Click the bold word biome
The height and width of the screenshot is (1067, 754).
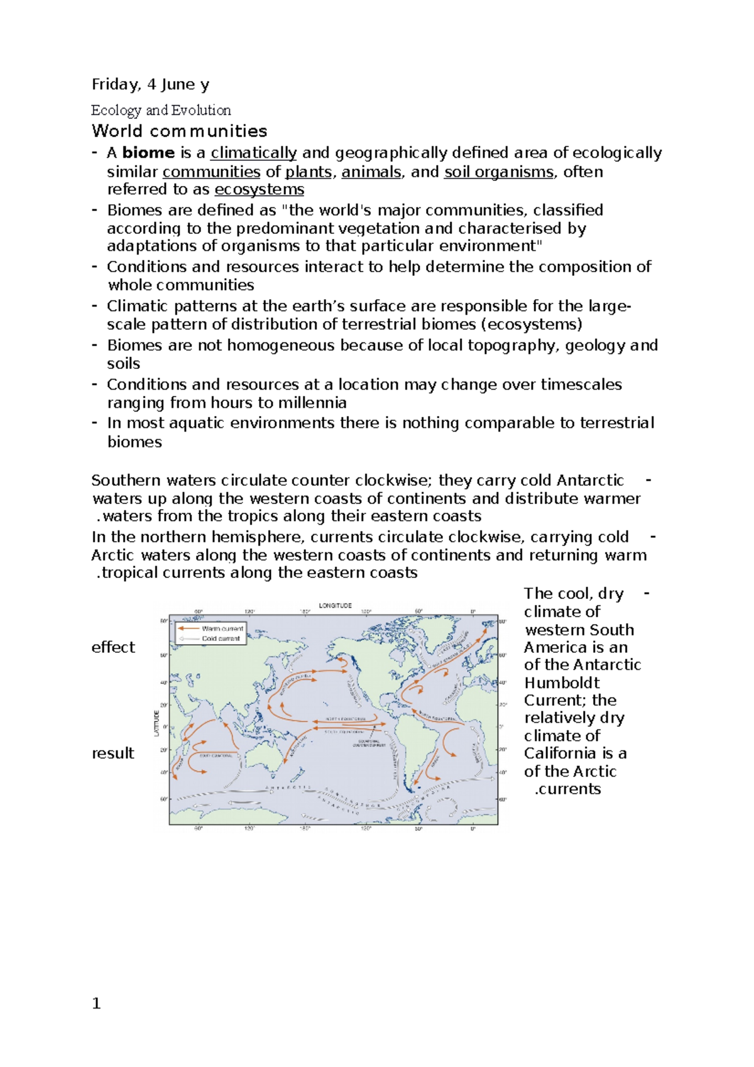(148, 153)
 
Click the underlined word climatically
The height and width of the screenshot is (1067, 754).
(253, 153)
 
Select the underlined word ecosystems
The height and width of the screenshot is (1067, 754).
(259, 189)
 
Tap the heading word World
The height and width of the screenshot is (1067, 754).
(117, 131)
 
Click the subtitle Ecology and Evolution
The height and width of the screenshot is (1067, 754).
(161, 111)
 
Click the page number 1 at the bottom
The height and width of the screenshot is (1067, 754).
(96, 1004)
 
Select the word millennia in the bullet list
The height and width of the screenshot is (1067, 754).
(312, 402)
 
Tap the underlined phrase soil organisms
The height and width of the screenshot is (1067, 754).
(499, 172)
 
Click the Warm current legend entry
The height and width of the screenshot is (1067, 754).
(222, 628)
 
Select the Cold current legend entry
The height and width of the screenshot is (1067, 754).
(221, 638)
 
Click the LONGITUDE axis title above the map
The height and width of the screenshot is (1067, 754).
(335, 606)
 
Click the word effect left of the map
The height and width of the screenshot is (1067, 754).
(113, 647)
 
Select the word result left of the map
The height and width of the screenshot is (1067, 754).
(113, 753)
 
